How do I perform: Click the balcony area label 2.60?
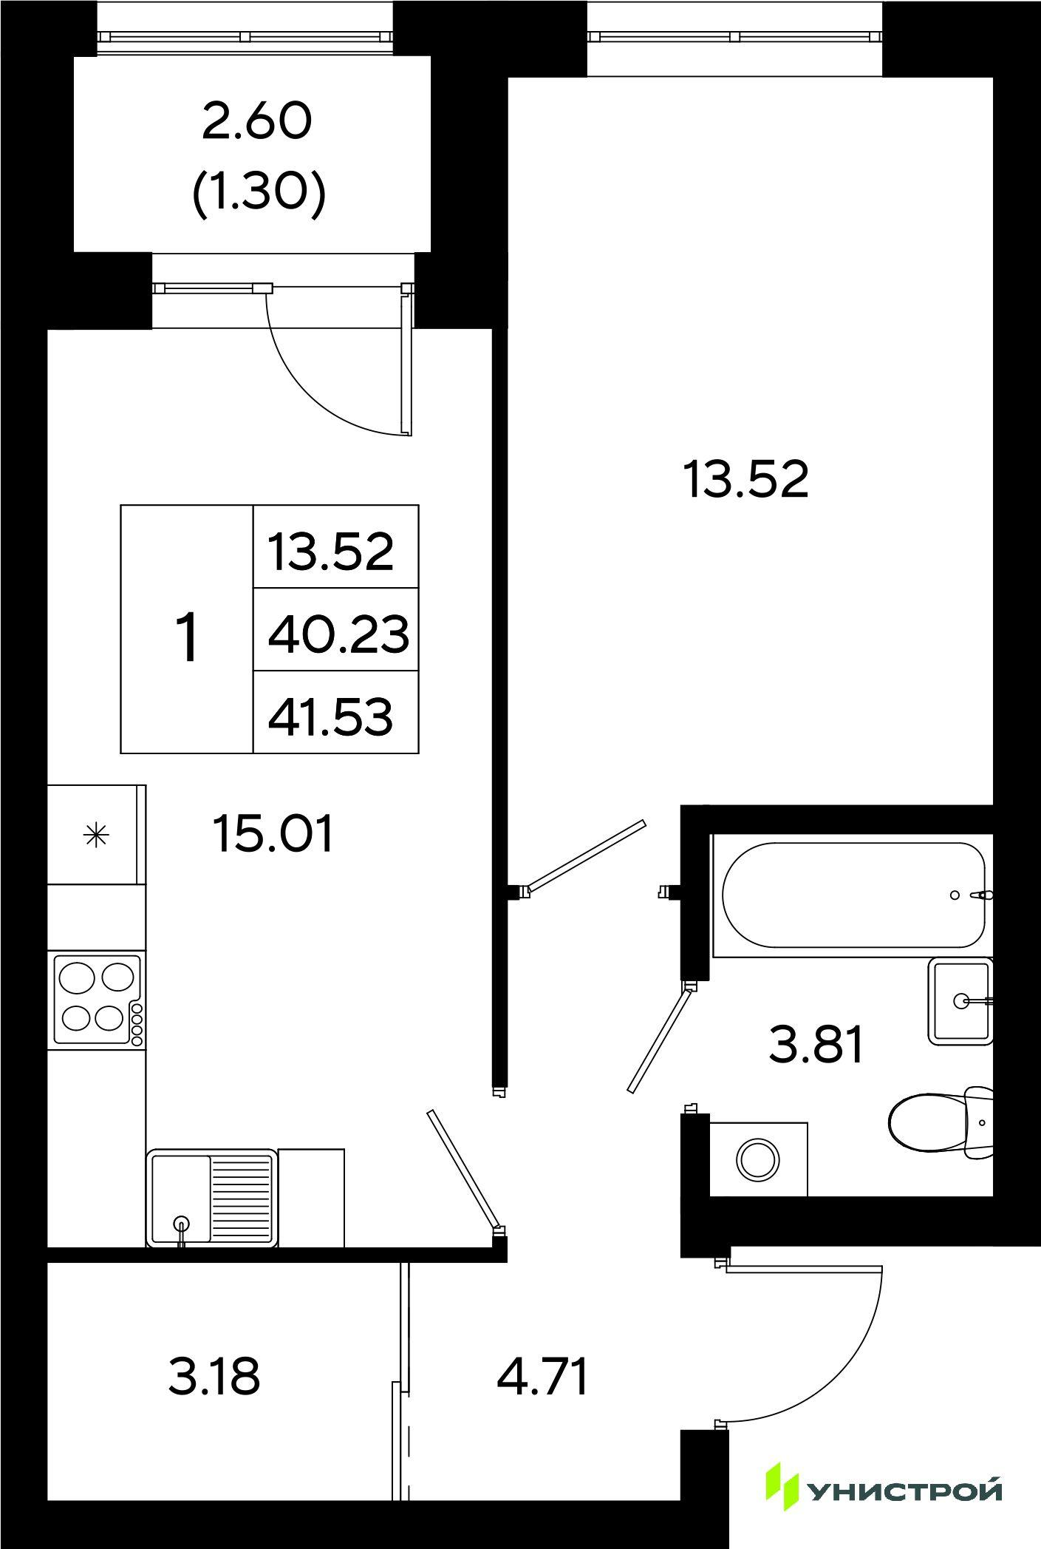click(x=256, y=123)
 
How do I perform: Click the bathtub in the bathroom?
click(x=854, y=895)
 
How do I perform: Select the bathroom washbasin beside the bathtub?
click(x=960, y=1001)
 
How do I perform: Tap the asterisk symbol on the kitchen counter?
click(x=97, y=835)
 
